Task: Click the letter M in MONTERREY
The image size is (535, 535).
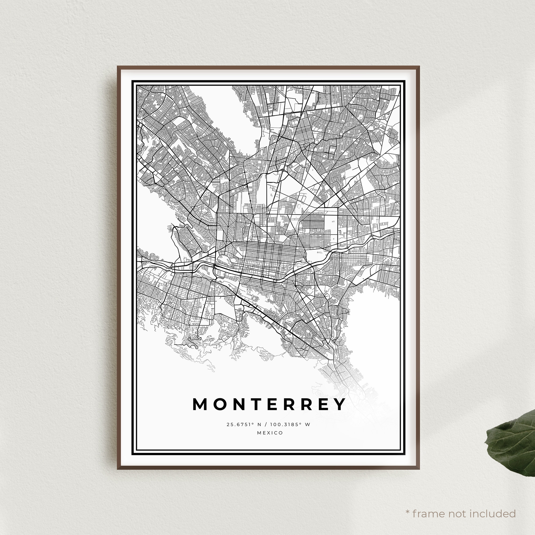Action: (200, 404)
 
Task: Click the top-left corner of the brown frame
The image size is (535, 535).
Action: (118, 66)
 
